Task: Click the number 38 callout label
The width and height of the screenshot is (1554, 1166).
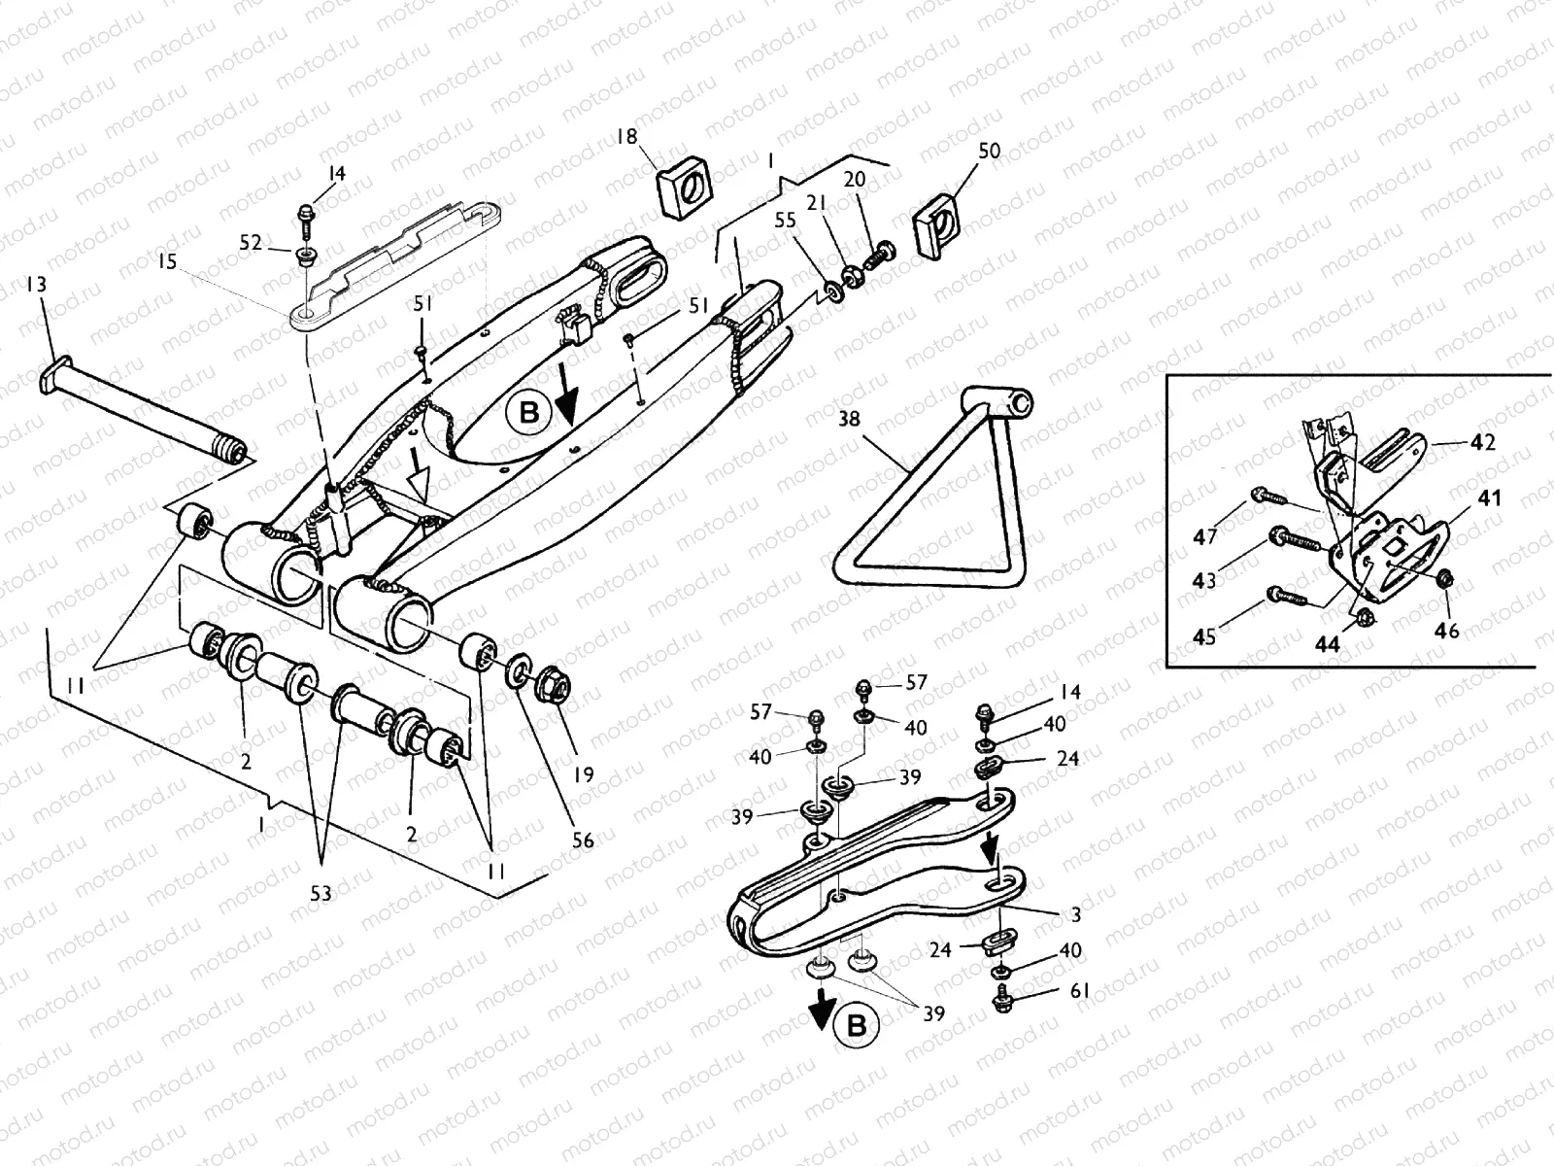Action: coord(849,421)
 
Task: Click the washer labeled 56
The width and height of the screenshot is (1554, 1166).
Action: coord(521,669)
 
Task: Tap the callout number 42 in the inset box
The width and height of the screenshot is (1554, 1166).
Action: coord(1482,441)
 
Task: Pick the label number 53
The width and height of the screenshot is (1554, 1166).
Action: coord(321,892)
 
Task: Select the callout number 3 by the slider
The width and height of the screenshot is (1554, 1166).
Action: coord(1075,914)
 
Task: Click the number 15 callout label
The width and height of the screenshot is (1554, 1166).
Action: coord(167,262)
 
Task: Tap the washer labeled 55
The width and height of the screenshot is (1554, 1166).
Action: coord(832,291)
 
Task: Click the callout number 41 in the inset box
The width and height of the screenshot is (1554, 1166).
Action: coord(1488,498)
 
